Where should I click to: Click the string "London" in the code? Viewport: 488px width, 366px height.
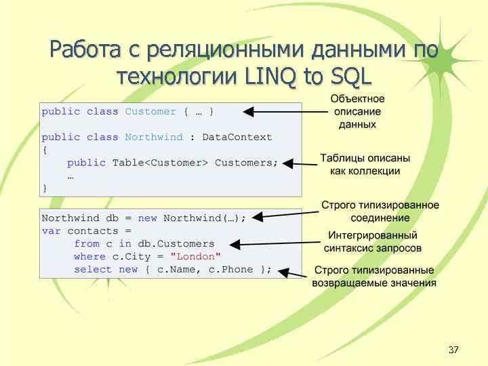(196, 256)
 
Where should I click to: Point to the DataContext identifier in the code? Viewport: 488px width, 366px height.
(237, 137)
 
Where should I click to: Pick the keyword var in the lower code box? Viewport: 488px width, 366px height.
(51, 230)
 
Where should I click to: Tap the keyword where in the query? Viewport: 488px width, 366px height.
(89, 256)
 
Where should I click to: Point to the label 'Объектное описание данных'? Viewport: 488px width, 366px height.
(358, 112)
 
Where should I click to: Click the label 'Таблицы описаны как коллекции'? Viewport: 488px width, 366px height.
(365, 164)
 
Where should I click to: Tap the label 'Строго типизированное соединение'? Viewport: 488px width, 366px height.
(380, 211)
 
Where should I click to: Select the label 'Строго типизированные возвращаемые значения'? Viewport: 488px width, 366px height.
(374, 277)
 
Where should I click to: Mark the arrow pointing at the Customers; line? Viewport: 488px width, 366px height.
(298, 163)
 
